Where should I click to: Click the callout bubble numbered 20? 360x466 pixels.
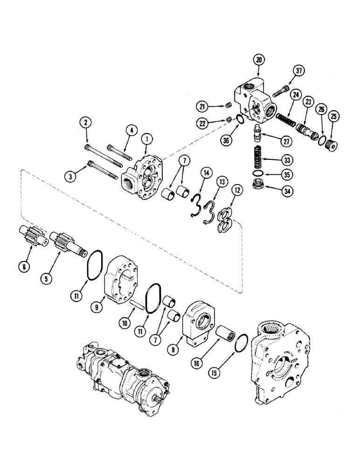[x=259, y=60]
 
